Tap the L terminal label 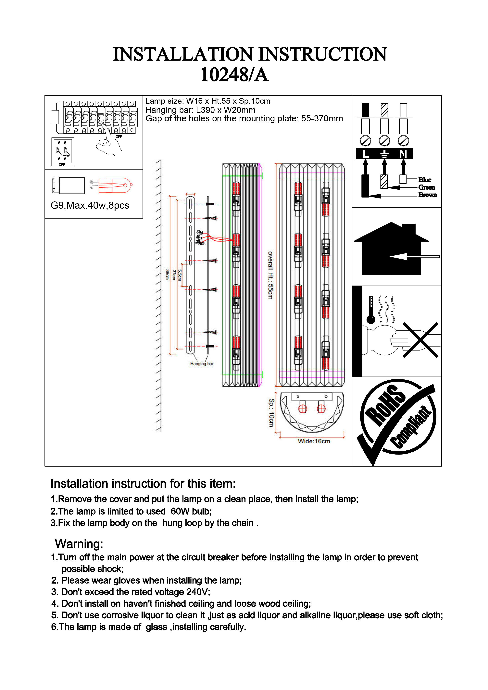pos(365,154)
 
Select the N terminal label pos(403,154)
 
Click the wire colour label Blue pos(425,180)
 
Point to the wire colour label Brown pos(427,195)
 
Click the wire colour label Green pos(426,187)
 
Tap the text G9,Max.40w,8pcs pos(90,206)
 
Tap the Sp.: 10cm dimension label pos(271,412)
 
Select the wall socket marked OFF pos(63,152)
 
